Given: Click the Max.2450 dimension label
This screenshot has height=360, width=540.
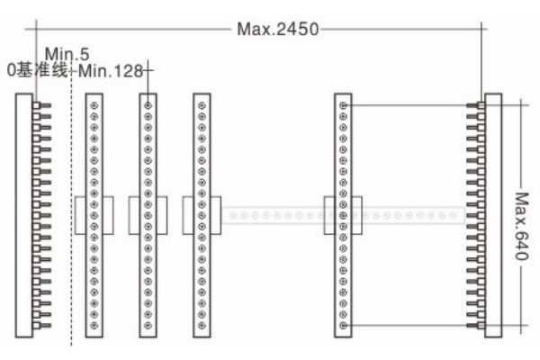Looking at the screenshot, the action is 278,30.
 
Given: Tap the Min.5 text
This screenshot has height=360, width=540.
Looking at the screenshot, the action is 67,54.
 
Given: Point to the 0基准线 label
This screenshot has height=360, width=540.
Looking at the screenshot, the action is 37,70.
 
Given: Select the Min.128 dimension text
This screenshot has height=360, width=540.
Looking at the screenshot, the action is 111,71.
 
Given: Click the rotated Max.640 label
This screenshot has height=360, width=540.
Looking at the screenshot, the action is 521,226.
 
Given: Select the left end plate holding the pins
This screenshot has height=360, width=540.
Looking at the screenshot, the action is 24,215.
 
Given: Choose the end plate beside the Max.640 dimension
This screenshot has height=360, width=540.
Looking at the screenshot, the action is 493,215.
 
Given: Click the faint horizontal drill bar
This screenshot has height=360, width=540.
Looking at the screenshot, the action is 343,216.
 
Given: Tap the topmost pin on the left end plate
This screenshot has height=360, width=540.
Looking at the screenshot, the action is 41,105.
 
